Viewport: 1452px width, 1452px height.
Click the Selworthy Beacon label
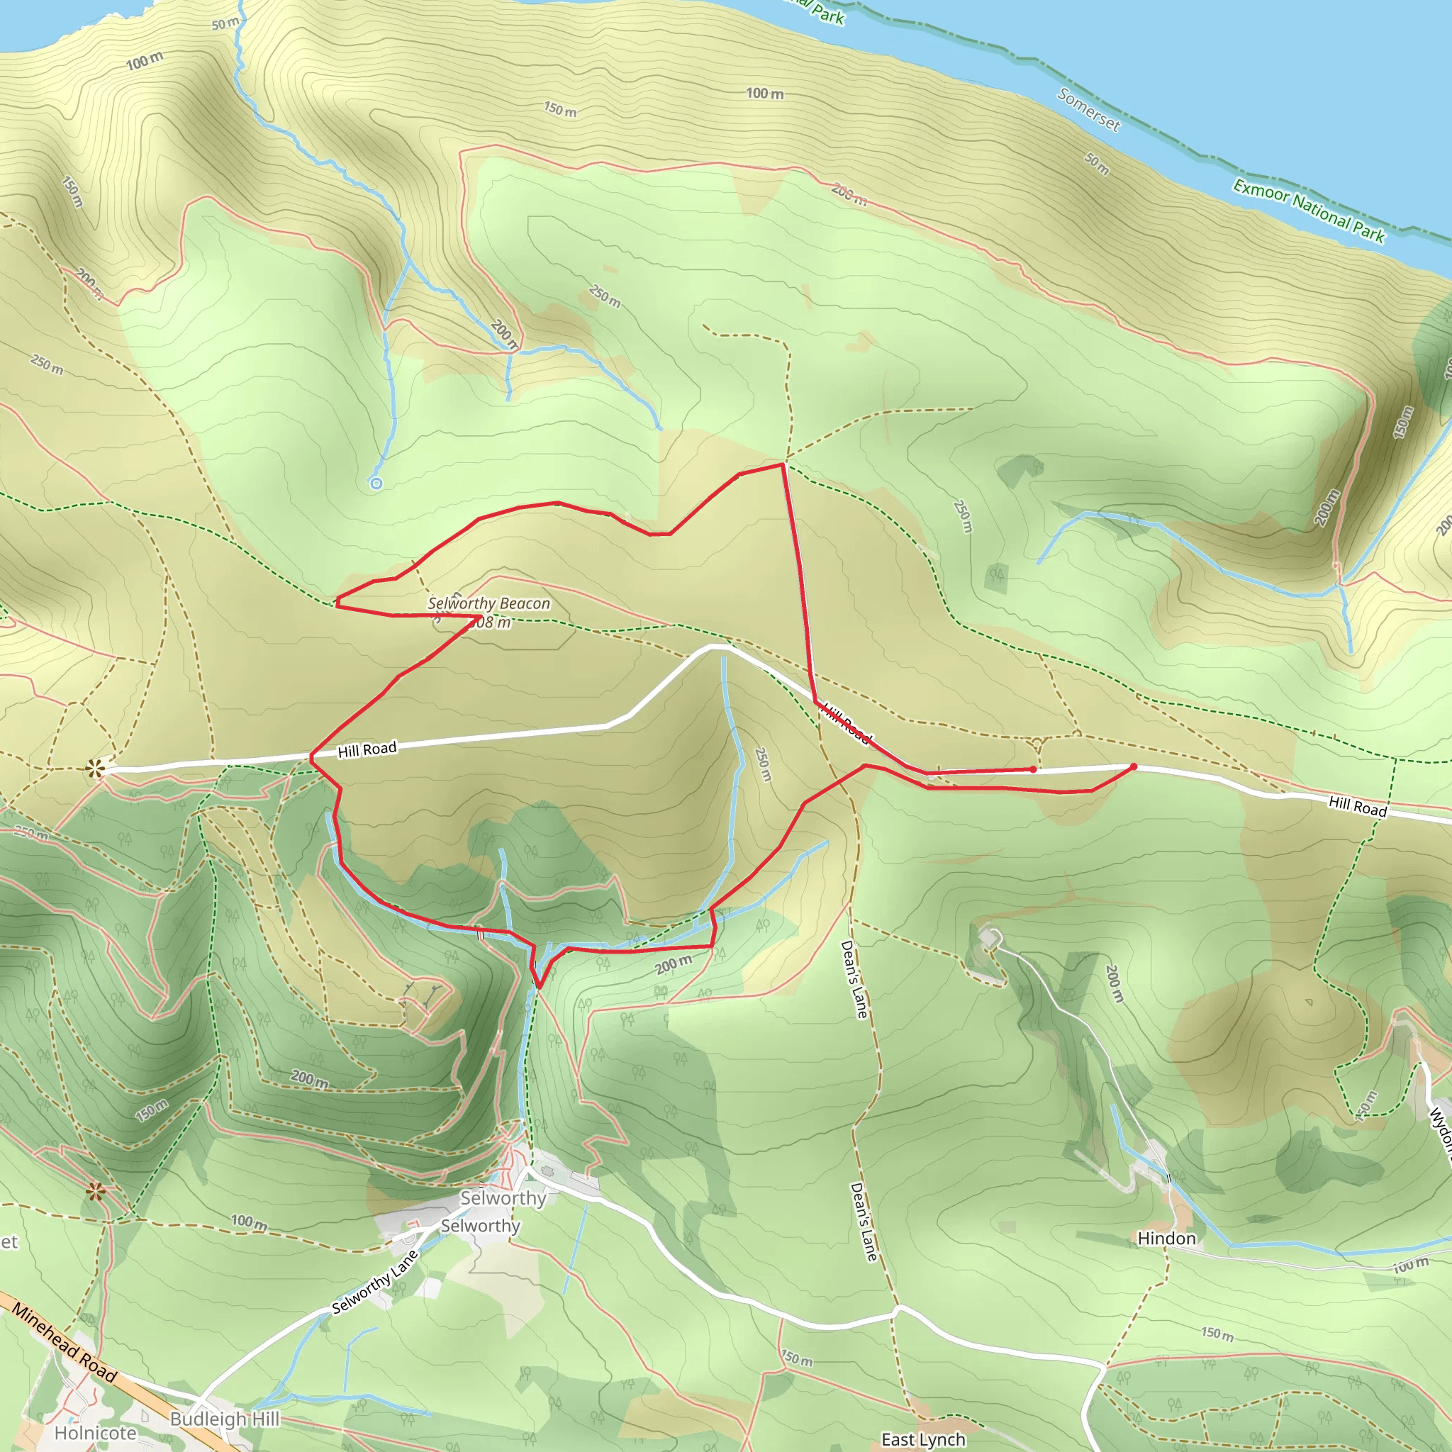tap(488, 603)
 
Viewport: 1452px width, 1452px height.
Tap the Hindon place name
tap(1166, 1238)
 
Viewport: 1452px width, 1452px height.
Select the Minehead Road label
tap(65, 1343)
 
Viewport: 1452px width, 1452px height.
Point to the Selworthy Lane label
tap(374, 1282)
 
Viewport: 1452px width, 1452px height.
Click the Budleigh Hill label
tap(225, 1418)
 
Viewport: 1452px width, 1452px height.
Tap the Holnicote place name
tap(96, 1432)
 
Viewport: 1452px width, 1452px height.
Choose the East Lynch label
tap(923, 1439)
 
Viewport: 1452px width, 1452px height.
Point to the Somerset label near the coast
tap(1088, 110)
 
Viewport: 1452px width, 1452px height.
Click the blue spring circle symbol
tap(376, 484)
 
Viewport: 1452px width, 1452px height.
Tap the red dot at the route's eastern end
tap(1134, 766)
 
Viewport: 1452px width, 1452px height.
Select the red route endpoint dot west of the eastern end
tap(1034, 769)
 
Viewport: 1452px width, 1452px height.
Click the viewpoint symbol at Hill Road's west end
tap(95, 768)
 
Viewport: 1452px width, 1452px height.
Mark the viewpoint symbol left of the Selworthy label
tap(95, 1191)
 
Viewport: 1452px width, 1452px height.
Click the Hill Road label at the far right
tap(1357, 805)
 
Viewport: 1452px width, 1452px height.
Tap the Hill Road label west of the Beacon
tap(367, 749)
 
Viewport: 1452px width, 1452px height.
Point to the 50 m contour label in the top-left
tap(225, 23)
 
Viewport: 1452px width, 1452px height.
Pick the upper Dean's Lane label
tap(854, 979)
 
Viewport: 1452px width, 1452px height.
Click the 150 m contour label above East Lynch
tap(796, 1359)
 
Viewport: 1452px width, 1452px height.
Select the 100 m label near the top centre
tap(764, 93)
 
